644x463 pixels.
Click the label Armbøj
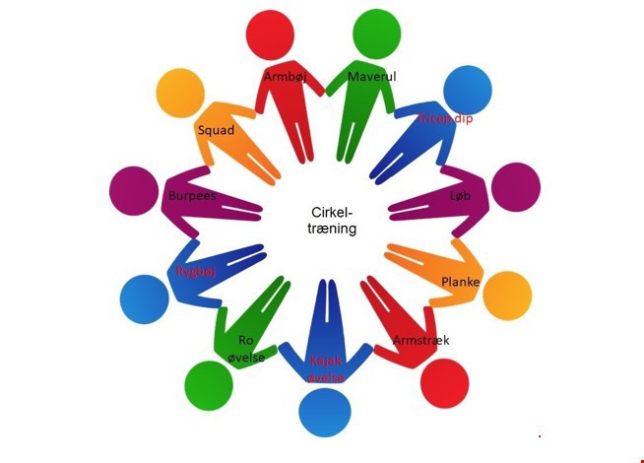coord(285,76)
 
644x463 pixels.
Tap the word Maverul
coord(372,76)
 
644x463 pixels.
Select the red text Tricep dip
coord(445,118)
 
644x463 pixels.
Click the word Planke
coord(460,282)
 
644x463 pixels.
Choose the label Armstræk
coord(420,340)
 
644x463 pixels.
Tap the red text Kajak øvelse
coord(327,368)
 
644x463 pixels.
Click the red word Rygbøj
coord(195,271)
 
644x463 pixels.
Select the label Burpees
coord(192,195)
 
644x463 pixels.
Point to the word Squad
coord(215,130)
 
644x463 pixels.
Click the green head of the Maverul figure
coord(376,33)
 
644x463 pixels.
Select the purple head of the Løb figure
coord(516,187)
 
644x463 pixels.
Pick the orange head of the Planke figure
coord(508,295)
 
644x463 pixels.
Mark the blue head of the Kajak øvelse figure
coord(325,414)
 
